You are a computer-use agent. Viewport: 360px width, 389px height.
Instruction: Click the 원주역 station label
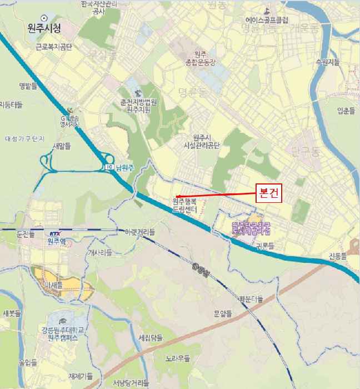(57, 241)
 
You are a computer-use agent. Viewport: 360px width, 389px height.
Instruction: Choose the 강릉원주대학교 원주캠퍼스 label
(66, 333)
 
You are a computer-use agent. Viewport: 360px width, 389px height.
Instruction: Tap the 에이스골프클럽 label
(266, 21)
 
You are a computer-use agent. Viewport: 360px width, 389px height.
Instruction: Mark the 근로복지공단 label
(54, 47)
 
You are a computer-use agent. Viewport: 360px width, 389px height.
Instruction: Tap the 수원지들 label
(327, 62)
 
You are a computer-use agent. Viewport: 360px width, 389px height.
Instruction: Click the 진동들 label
(336, 257)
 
